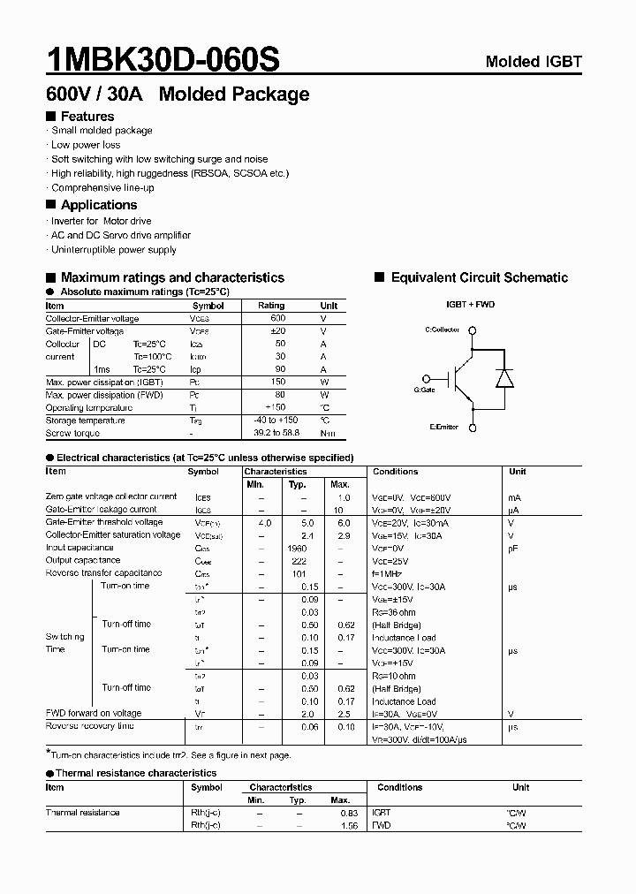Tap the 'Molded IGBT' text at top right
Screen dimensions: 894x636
tap(534, 62)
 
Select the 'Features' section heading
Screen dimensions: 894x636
tap(87, 117)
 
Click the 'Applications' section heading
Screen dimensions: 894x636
tap(98, 205)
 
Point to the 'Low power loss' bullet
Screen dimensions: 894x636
tap(86, 145)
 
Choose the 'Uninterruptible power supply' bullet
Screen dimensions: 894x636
tap(114, 250)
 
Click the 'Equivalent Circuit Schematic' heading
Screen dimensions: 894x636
tap(479, 277)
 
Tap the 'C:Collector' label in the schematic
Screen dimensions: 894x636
tap(443, 330)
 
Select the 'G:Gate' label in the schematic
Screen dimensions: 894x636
tap(424, 389)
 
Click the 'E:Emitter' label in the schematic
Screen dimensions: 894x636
tap(443, 427)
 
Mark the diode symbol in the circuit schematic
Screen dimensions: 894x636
tap(504, 378)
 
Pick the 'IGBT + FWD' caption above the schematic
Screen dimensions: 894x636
tap(471, 305)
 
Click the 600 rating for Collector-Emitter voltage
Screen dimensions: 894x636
tap(277, 318)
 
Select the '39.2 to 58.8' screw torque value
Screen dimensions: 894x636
tap(276, 433)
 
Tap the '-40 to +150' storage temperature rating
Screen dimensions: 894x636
tap(276, 420)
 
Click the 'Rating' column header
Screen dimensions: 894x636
tap(271, 306)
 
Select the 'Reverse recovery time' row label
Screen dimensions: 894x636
tap(89, 726)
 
